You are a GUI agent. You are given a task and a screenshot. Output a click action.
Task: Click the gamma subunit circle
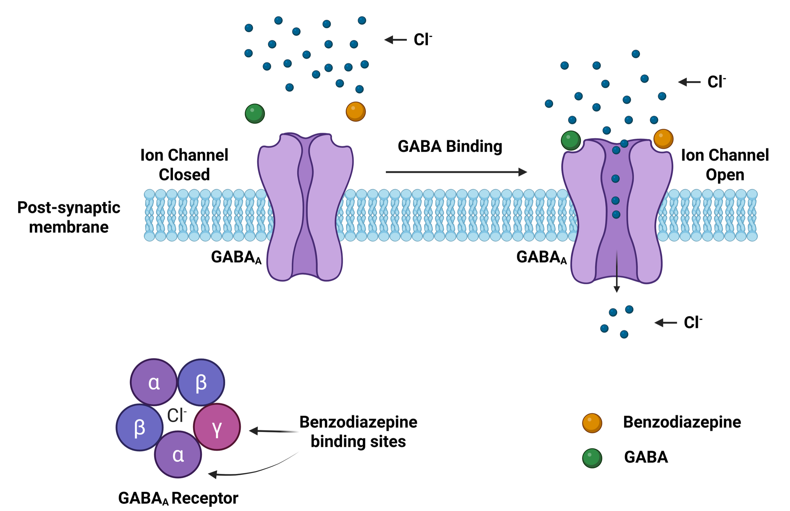coord(217,427)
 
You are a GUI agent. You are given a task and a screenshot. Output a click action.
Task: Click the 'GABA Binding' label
coord(450,146)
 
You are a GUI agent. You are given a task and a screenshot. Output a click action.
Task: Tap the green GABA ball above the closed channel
coord(255,114)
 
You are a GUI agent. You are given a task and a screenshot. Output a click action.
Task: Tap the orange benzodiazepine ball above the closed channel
coord(355,111)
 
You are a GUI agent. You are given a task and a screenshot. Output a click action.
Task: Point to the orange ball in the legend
coord(592,423)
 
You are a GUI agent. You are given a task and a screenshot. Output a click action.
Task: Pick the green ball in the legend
coord(592,458)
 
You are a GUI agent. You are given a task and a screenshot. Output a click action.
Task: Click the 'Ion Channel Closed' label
coord(184,165)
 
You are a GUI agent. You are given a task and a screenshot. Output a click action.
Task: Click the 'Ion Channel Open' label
coord(725,165)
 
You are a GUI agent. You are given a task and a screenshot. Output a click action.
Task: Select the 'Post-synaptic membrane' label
coord(69,217)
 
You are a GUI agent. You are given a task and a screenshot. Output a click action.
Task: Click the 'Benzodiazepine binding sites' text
coord(358,431)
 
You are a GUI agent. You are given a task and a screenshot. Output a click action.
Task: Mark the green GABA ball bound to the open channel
coord(571,140)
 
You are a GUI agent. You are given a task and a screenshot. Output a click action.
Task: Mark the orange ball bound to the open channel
coord(663,139)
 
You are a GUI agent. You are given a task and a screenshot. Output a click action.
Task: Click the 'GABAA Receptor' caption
coord(178,498)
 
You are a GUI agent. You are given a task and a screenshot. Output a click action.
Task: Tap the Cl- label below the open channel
coord(693,322)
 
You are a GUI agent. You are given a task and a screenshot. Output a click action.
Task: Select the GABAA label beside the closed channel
coord(236,257)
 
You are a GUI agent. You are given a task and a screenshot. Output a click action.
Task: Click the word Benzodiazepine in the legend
coord(682,422)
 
